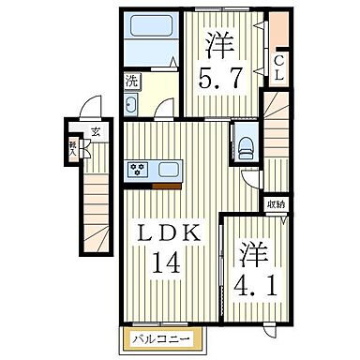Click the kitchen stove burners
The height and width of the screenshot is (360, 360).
[140, 170]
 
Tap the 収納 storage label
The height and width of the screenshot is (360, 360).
[277, 202]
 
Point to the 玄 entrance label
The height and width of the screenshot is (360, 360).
[96, 131]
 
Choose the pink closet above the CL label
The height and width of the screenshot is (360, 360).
[279, 29]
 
